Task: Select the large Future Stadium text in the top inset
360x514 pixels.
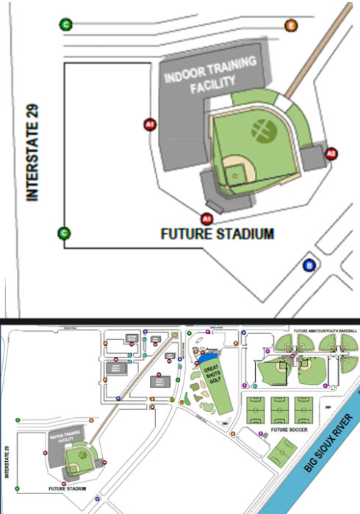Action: (x=217, y=235)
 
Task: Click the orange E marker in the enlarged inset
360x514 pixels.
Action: (x=291, y=27)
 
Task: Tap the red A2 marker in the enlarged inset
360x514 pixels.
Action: (x=331, y=154)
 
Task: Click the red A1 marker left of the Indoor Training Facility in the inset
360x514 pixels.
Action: (x=150, y=125)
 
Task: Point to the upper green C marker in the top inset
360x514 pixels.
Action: (x=66, y=26)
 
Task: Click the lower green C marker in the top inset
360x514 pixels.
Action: (x=65, y=234)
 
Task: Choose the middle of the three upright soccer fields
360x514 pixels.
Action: (x=280, y=408)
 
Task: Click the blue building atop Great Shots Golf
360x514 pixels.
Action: (x=203, y=355)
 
